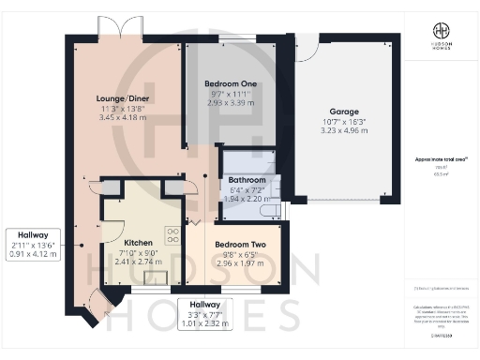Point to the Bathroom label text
[x=247, y=179]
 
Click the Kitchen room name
[x=138, y=242]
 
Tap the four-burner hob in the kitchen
[x=172, y=235]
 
